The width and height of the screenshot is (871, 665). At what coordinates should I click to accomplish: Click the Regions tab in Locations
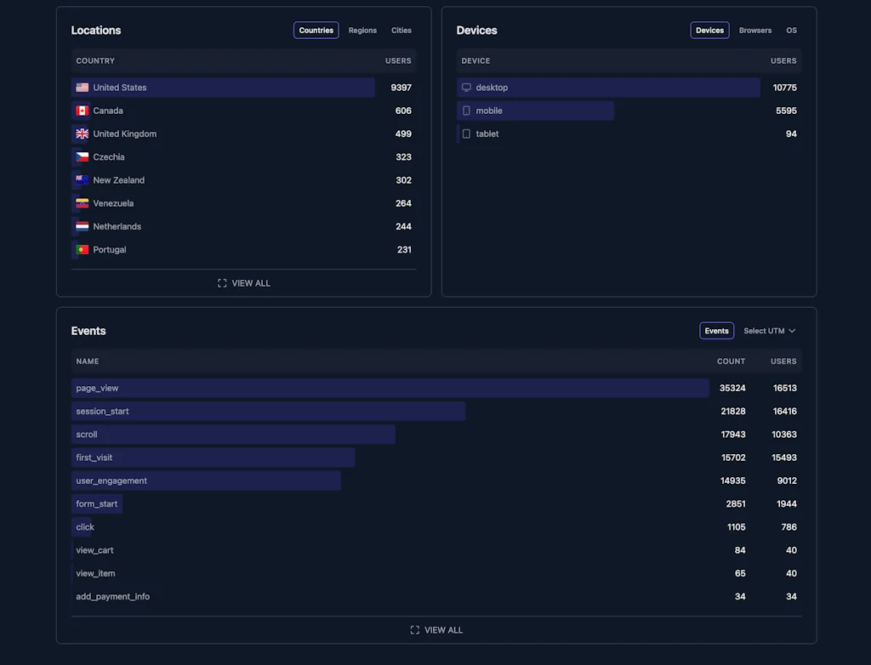click(362, 31)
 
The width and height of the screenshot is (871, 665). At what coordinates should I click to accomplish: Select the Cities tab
click(401, 31)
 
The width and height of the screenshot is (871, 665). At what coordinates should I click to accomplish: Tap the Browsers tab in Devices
click(755, 31)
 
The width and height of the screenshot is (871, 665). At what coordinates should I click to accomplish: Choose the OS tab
click(791, 31)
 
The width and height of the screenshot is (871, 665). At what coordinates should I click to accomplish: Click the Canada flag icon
click(82, 111)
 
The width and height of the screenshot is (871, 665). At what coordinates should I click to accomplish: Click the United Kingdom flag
click(82, 134)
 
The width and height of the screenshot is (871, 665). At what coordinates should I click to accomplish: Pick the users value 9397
click(401, 88)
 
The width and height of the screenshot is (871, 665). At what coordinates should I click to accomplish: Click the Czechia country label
click(109, 157)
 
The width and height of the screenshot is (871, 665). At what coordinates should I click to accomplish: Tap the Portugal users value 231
click(404, 250)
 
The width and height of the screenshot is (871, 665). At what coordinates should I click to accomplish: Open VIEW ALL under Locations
click(244, 283)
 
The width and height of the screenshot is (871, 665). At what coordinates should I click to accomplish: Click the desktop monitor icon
click(466, 88)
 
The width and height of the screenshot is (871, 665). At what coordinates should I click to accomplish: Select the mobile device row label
click(489, 111)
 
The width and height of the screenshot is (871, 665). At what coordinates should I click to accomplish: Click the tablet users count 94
click(791, 134)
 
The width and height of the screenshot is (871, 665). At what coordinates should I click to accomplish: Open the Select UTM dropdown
click(769, 331)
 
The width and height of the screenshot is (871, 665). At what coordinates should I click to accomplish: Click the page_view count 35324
click(732, 388)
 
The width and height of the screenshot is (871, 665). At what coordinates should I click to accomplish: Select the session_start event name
click(102, 412)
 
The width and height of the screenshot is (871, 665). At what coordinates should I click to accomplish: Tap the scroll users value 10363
click(783, 435)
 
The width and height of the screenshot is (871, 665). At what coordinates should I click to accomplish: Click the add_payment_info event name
click(112, 597)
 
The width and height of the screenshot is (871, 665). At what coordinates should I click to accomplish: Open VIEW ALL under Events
click(436, 630)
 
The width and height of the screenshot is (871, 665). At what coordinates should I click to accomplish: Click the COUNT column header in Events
click(731, 361)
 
